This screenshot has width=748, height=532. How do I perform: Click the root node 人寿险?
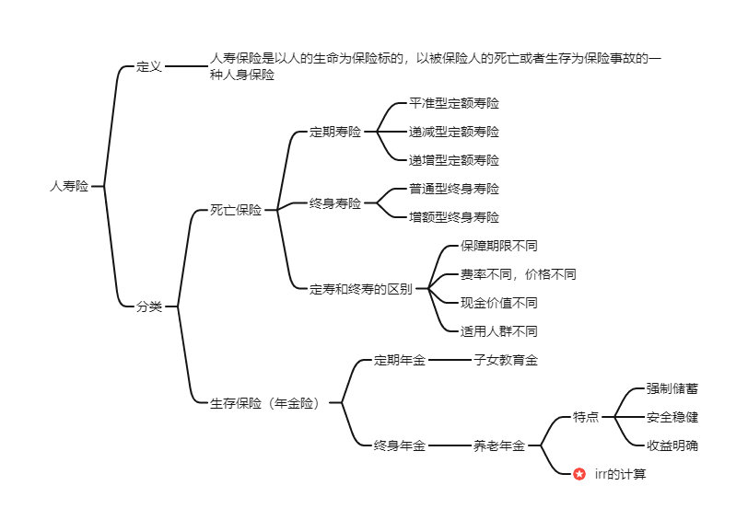(x=69, y=186)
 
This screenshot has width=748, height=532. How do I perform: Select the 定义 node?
(x=149, y=66)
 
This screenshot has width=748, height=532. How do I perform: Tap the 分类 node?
(x=149, y=306)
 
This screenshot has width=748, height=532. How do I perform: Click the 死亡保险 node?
(x=236, y=210)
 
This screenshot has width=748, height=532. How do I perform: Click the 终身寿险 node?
(x=335, y=202)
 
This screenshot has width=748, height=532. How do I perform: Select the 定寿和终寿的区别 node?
(x=361, y=288)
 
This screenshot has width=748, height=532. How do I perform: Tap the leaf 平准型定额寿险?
(x=454, y=103)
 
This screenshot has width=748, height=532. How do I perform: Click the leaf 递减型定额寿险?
(x=454, y=132)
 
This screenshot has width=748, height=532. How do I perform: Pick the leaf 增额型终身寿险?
(x=454, y=217)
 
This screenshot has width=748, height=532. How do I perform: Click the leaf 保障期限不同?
(x=499, y=246)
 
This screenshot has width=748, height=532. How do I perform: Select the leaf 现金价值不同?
(x=499, y=303)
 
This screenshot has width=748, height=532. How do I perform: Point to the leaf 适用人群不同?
(x=499, y=331)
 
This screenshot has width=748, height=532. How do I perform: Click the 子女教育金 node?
(x=506, y=360)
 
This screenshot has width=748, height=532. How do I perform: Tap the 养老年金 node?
(x=499, y=445)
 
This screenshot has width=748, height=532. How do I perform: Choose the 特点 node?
(x=586, y=417)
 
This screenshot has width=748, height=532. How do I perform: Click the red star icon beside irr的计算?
(x=579, y=474)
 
